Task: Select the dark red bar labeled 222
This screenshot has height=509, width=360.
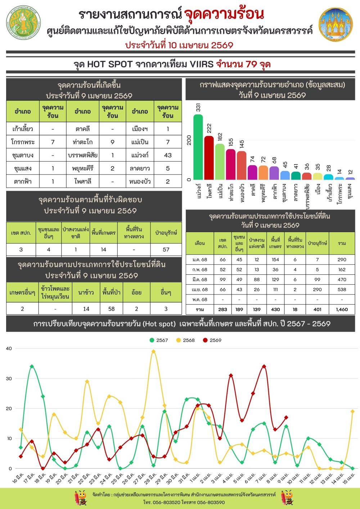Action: tap(209, 158)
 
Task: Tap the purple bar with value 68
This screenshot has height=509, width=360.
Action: tap(274, 173)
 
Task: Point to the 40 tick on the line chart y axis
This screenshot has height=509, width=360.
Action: tap(9, 348)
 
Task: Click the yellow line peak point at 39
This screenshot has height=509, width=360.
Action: tap(154, 352)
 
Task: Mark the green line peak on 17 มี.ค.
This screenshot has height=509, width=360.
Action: tap(32, 366)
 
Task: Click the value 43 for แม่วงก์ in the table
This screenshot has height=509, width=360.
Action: tap(168, 155)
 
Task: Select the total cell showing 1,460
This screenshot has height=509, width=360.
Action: tap(342, 309)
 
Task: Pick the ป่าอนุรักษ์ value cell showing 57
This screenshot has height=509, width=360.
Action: tap(166, 249)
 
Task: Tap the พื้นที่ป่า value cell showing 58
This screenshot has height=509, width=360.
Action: tap(112, 309)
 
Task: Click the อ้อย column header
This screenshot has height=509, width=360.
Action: tap(136, 292)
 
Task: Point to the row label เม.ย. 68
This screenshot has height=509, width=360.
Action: tap(199, 289)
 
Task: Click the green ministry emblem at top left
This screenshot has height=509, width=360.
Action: tap(23, 23)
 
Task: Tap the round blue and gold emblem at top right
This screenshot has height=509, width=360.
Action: tap(336, 24)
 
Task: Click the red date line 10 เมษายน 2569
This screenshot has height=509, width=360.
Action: tap(179, 45)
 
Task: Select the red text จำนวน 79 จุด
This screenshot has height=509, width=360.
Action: tap(243, 64)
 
